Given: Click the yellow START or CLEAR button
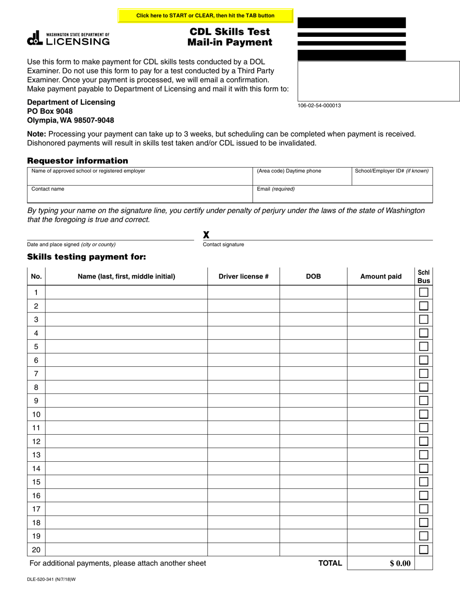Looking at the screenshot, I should tap(205, 16).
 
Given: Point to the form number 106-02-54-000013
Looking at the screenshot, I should tap(319, 105).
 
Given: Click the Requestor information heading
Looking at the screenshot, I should tap(77, 161).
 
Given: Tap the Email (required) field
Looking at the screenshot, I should tap(343, 194).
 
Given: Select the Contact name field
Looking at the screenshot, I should tap(140, 194).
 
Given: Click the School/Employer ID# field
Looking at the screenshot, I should tap(392, 176).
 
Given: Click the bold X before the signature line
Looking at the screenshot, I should tap(206, 235).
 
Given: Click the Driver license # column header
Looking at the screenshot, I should tap(244, 277).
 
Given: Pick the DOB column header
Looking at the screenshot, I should tap(313, 277).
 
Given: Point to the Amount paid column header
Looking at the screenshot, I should tap(381, 277).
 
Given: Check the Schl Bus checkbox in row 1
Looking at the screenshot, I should tap(424, 292).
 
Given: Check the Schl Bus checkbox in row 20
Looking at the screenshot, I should tap(424, 549).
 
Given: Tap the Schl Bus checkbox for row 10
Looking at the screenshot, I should tap(424, 414).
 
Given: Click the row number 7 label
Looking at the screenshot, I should tap(36, 374).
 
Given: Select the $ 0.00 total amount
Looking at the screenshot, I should tap(400, 563).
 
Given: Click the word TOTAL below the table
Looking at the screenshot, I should tap(330, 563).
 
